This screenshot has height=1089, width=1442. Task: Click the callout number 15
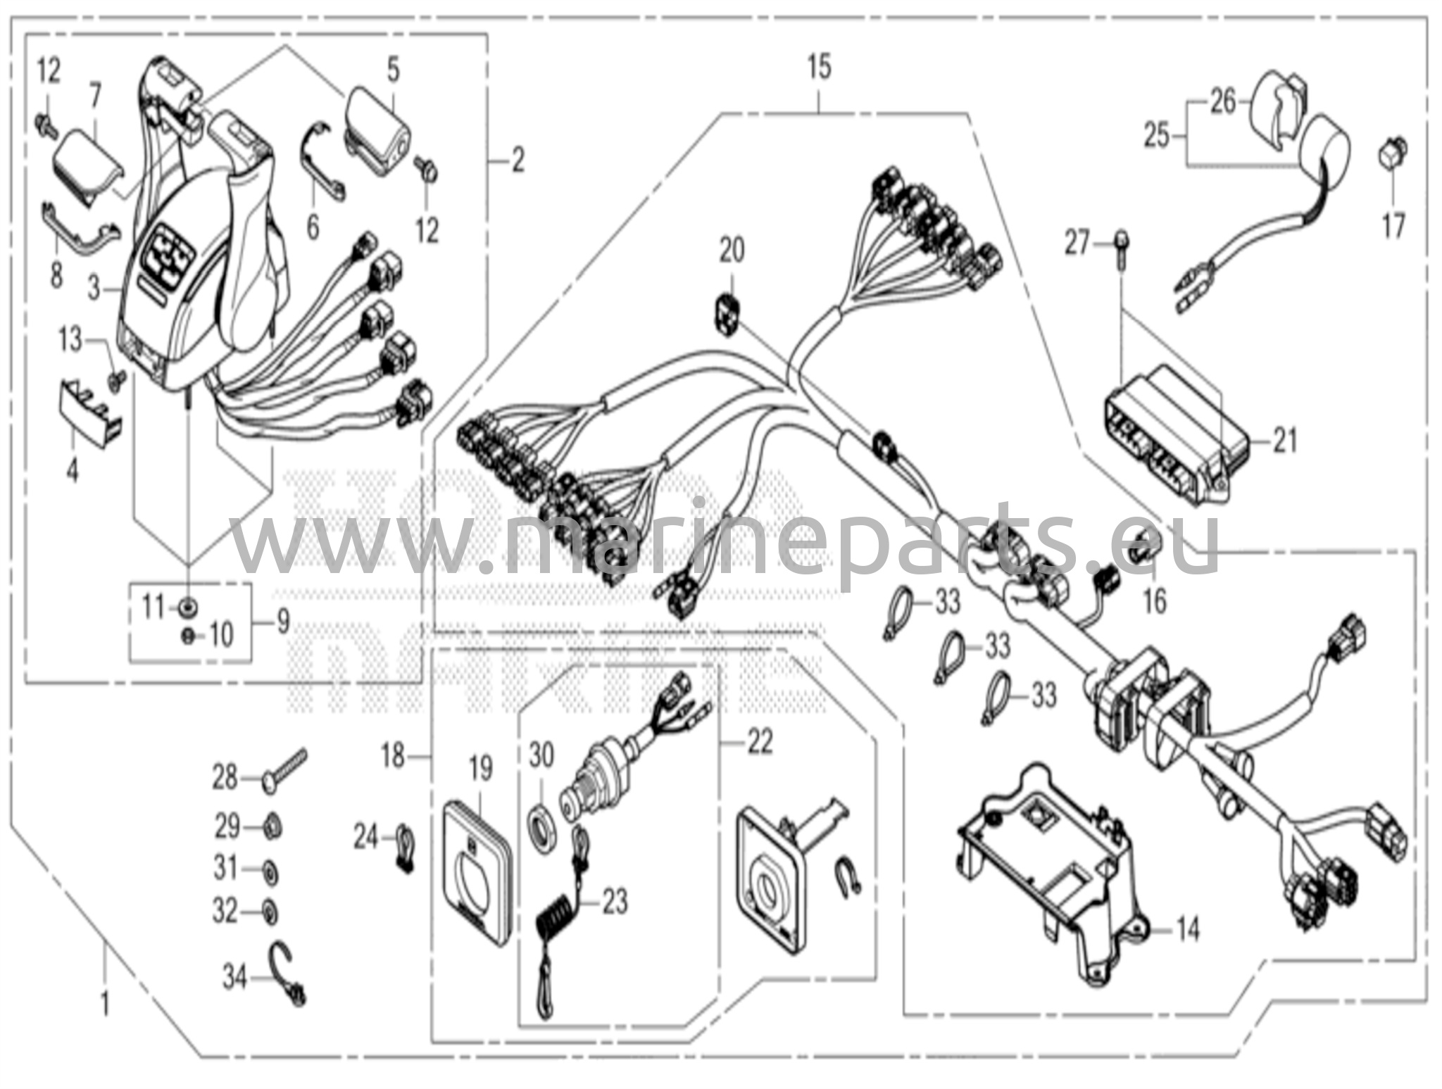[820, 68]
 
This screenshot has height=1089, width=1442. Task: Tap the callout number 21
[1285, 441]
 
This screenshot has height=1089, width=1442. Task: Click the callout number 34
[235, 977]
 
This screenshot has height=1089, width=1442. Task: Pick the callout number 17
[1393, 227]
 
